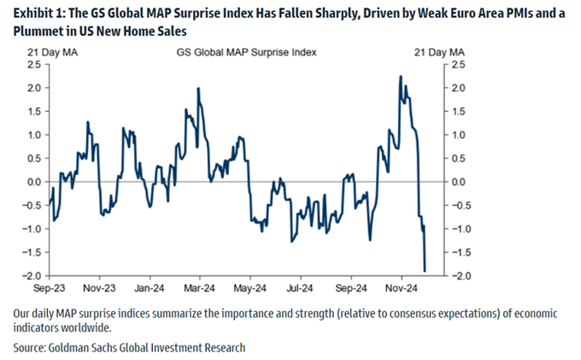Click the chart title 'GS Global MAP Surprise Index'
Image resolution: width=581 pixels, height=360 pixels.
click(x=246, y=52)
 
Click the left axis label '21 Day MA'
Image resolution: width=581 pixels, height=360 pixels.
click(x=52, y=52)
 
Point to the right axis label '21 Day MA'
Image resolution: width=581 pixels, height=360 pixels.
click(x=439, y=52)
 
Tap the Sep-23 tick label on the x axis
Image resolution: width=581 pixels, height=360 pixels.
click(x=49, y=288)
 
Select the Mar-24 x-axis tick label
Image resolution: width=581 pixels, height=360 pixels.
click(x=199, y=288)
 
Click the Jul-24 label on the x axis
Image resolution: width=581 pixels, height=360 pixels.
click(x=299, y=288)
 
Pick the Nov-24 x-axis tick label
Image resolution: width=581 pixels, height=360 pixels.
click(x=402, y=288)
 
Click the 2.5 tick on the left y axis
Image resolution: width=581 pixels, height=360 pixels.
click(x=34, y=64)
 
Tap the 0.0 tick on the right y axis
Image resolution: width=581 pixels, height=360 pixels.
click(x=458, y=182)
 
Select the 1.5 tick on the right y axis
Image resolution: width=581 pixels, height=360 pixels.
click(x=458, y=112)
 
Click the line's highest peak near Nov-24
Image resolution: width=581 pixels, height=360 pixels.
click(x=401, y=76)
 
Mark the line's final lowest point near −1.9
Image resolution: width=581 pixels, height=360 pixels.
click(x=425, y=271)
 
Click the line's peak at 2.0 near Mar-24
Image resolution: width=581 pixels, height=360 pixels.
click(x=198, y=88)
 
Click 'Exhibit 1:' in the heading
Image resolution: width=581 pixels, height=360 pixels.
click(x=39, y=14)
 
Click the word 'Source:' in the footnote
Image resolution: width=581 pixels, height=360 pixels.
click(x=29, y=348)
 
